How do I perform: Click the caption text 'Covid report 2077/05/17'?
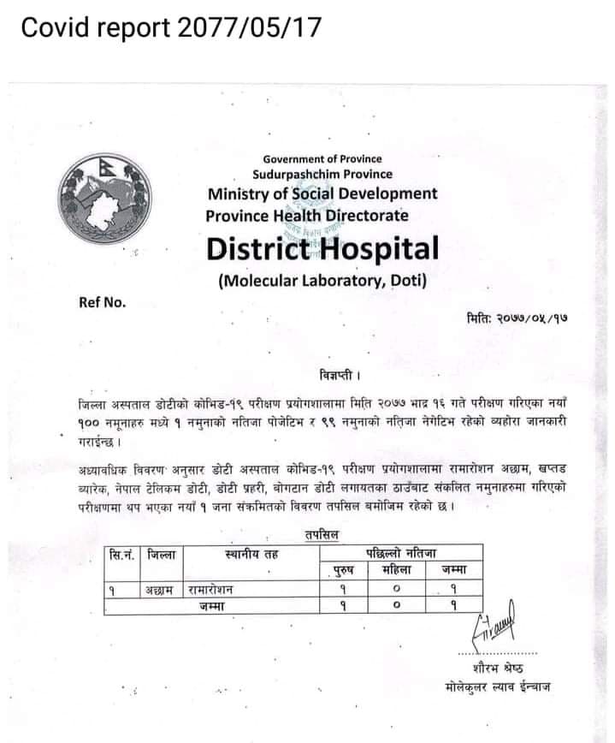(170, 28)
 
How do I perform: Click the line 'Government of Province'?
(322, 158)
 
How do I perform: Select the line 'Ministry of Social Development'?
(321, 193)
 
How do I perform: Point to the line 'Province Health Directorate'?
(306, 216)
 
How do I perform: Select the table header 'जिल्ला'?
(160, 555)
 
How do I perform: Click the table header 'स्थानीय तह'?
(251, 555)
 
